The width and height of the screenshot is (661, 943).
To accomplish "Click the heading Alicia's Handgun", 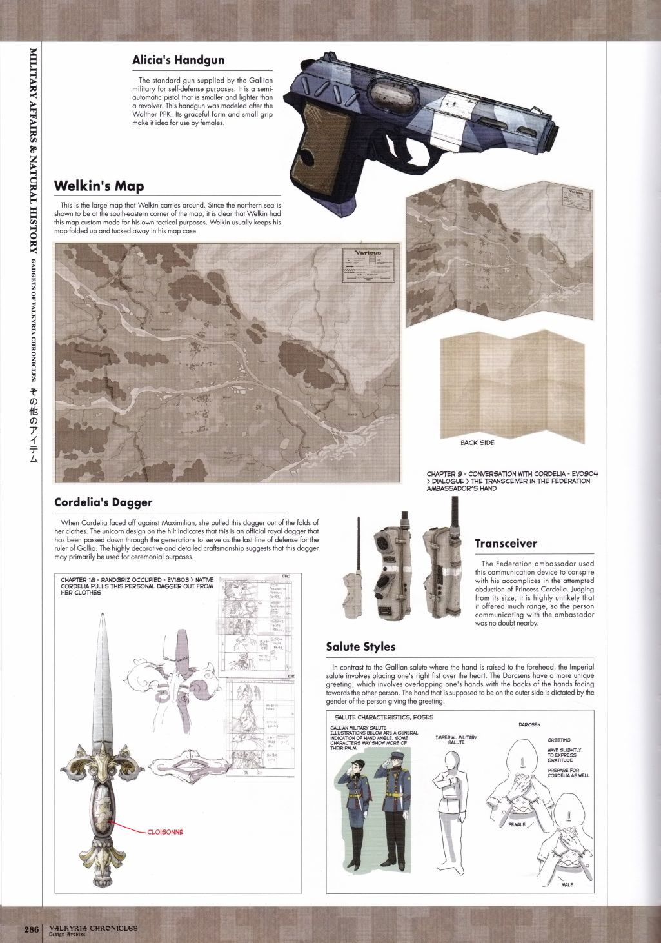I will click(x=178, y=60).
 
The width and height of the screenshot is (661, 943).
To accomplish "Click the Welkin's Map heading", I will click(x=99, y=186).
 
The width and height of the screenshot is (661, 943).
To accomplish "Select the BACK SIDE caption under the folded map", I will click(x=477, y=442).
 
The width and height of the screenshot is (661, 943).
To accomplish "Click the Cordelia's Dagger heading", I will click(x=103, y=501).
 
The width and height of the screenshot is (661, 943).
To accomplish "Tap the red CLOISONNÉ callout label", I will click(x=165, y=832).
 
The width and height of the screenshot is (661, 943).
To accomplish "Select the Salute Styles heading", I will click(x=360, y=646).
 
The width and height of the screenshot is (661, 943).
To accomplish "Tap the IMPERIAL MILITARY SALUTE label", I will click(x=456, y=740).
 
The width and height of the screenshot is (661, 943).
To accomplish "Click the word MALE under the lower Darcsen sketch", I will click(x=567, y=884).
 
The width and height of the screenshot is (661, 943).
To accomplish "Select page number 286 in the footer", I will click(x=32, y=929).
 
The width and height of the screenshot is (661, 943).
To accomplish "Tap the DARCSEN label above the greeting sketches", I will click(x=529, y=724).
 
